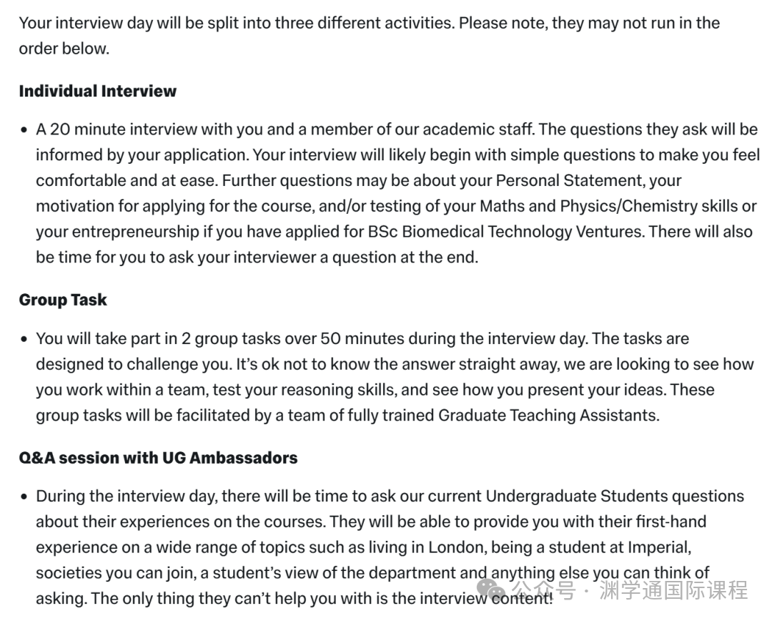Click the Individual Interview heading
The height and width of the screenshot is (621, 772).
tap(97, 91)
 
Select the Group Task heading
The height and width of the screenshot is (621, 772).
tap(63, 300)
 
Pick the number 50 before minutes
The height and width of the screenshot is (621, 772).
tap(330, 338)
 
